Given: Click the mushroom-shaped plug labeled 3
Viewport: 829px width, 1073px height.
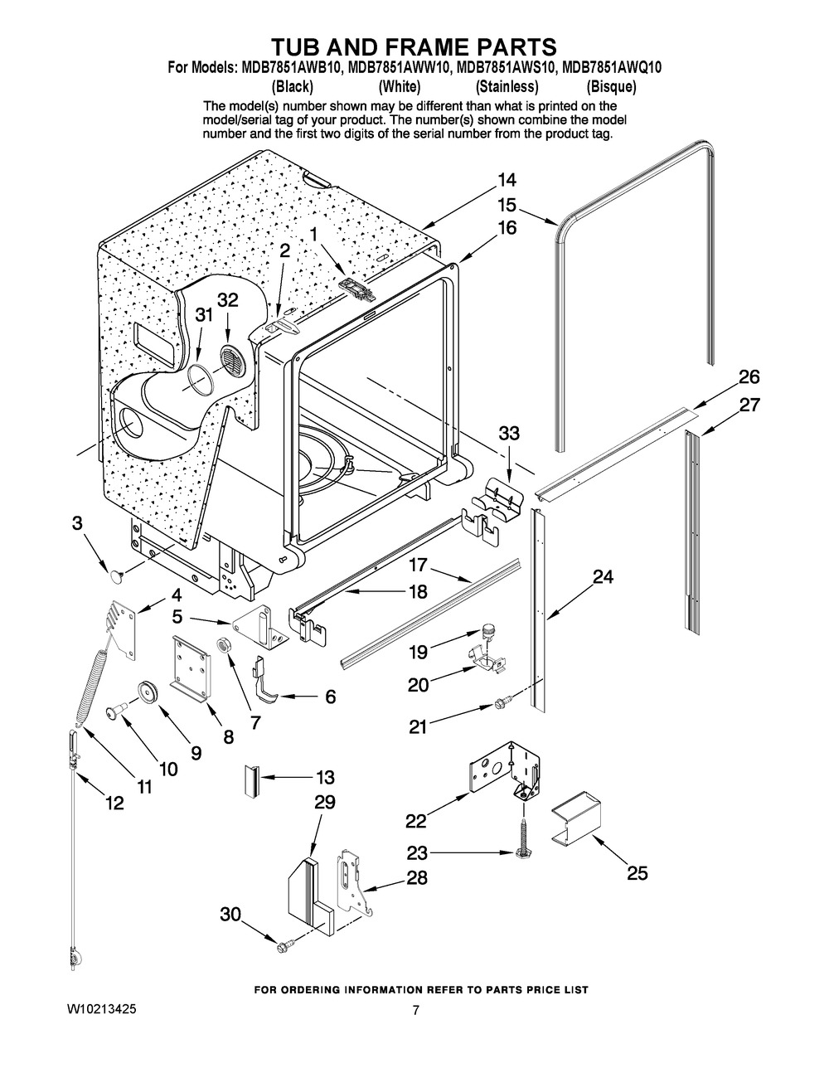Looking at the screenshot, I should (116, 571).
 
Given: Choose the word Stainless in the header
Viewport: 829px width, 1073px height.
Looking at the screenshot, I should (507, 86).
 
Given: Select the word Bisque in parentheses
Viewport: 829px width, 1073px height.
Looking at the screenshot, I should (611, 86).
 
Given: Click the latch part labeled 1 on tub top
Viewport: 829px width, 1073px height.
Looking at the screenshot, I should (356, 287).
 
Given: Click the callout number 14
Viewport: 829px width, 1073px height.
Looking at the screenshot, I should (507, 180).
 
